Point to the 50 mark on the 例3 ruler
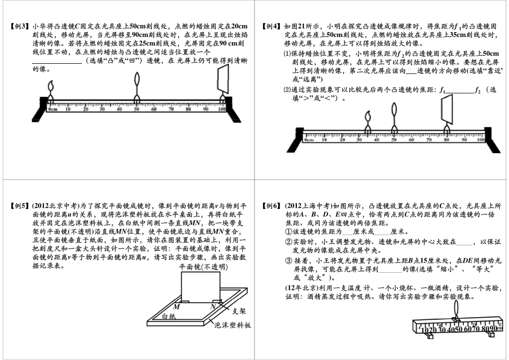[x=137, y=109]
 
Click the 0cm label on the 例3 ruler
[x=53, y=109]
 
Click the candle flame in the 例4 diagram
[x=369, y=116]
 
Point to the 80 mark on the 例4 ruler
[x=446, y=140]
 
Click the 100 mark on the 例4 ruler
[x=481, y=140]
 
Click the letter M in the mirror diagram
[x=176, y=306]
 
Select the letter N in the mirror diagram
[x=213, y=306]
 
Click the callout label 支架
[x=239, y=310]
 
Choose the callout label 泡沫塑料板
[x=233, y=325]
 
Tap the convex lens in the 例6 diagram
[x=455, y=310]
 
